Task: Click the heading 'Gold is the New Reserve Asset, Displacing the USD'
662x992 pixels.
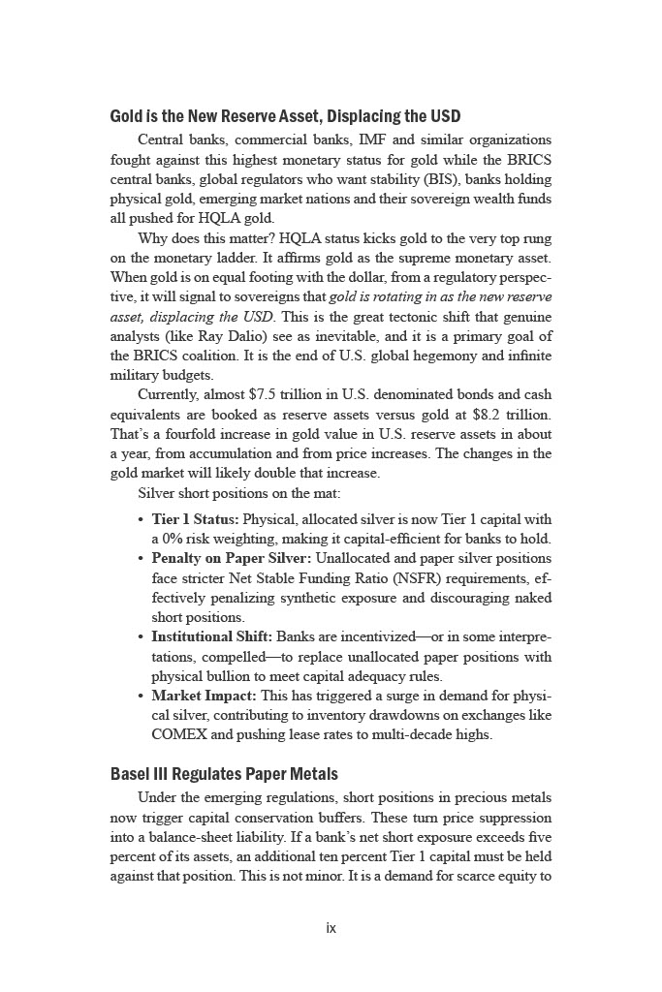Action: click(285, 117)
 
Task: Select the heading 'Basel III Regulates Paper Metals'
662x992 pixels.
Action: click(224, 774)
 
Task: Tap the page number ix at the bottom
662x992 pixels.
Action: click(331, 928)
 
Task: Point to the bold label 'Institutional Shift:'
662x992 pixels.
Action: click(211, 636)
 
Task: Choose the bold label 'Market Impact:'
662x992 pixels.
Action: click(203, 696)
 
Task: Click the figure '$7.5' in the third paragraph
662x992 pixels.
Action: click(266, 394)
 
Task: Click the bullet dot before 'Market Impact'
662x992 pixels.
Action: click(142, 696)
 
